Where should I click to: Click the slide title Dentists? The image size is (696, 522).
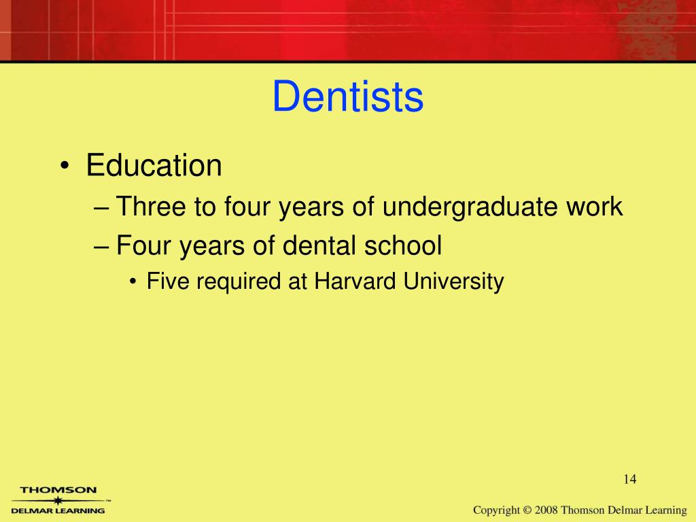point(348,97)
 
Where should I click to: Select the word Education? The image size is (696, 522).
point(154,166)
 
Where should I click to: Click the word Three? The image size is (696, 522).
point(152,207)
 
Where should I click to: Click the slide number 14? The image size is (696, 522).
point(629,480)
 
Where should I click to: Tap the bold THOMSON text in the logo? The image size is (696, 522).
point(58,489)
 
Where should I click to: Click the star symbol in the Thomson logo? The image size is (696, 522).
point(58,500)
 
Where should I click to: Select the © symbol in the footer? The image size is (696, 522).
point(527,510)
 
